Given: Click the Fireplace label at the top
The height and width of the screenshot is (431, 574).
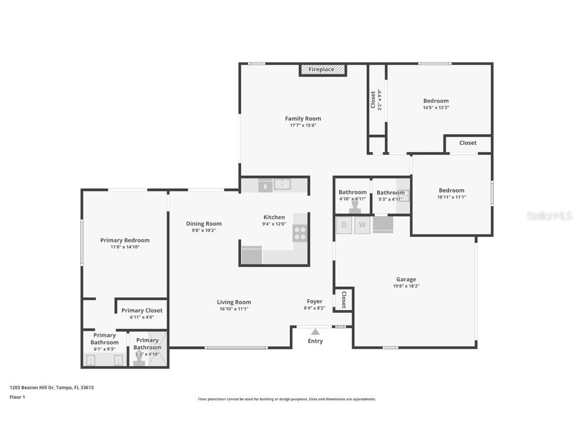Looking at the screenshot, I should pyautogui.click(x=321, y=69).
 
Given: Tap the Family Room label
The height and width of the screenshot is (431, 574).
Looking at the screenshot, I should pyautogui.click(x=303, y=119).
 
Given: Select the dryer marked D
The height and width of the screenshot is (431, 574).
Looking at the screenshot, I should pyautogui.click(x=344, y=225).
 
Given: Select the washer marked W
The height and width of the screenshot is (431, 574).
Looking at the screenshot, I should pyautogui.click(x=362, y=225).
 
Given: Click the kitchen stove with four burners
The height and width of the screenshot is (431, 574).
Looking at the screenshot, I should pyautogui.click(x=300, y=233).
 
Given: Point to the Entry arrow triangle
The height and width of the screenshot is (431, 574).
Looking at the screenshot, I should pyautogui.click(x=315, y=332).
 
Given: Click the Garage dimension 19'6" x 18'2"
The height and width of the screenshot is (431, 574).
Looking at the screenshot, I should pyautogui.click(x=406, y=286).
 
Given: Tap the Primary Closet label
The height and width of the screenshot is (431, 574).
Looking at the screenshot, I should pyautogui.click(x=142, y=310).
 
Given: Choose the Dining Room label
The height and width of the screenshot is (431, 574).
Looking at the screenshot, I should pyautogui.click(x=204, y=223).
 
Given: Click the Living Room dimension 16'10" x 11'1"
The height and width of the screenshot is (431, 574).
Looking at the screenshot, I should pyautogui.click(x=234, y=309).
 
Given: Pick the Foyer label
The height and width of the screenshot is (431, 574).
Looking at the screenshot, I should pyautogui.click(x=314, y=301).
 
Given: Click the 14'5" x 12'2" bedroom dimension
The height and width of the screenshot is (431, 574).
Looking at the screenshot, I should pyautogui.click(x=436, y=107).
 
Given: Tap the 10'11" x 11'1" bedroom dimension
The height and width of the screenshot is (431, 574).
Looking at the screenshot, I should pyautogui.click(x=451, y=197).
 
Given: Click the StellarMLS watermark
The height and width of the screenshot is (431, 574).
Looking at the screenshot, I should pyautogui.click(x=549, y=215).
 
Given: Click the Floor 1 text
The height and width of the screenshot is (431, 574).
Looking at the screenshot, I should pyautogui.click(x=17, y=397).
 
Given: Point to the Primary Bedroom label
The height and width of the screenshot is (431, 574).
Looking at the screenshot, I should pyautogui.click(x=125, y=240).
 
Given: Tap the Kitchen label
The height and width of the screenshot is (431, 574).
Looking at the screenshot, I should pyautogui.click(x=274, y=217).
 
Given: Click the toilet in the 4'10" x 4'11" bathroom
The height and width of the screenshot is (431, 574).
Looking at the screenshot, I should pyautogui.click(x=355, y=206).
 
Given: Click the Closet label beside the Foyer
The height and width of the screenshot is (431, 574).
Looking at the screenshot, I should pyautogui.click(x=343, y=299).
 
